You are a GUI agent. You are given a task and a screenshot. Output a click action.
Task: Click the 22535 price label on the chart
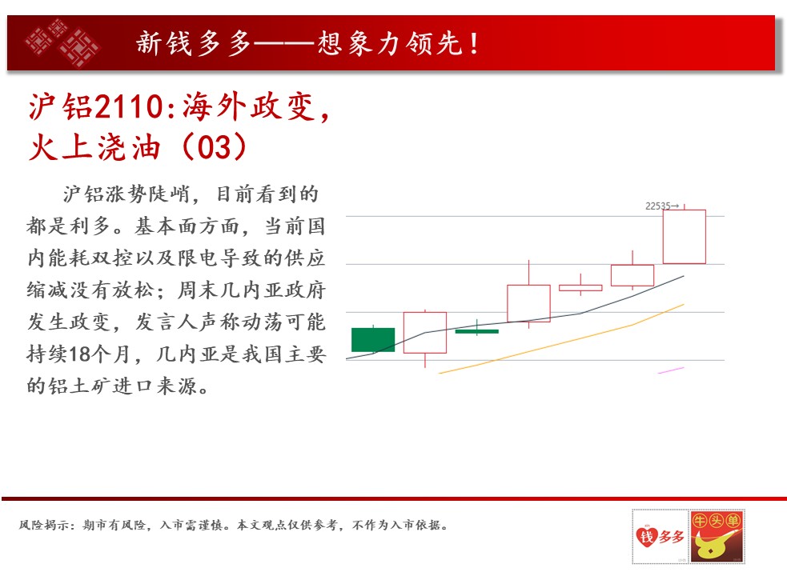click(x=658, y=206)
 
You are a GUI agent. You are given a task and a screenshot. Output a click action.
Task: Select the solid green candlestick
click(x=373, y=340)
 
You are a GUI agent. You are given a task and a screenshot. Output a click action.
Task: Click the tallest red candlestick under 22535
click(x=684, y=236)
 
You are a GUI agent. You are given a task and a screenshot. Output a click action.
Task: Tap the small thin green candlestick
click(x=477, y=331)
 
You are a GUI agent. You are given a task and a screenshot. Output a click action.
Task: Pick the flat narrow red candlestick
click(x=580, y=287)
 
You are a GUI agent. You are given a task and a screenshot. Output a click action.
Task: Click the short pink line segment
click(x=671, y=370)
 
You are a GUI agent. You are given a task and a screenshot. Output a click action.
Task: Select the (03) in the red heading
click(x=214, y=147)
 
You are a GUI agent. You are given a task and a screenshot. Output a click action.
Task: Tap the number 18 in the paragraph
click(x=78, y=354)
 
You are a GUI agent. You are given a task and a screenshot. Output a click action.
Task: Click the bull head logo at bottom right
click(x=717, y=536)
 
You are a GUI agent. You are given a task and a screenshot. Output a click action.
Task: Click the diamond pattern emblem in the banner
click(x=63, y=42)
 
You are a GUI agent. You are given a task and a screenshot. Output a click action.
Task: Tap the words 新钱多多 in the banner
click(x=193, y=43)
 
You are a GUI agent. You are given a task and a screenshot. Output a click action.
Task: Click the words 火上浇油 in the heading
click(x=94, y=147)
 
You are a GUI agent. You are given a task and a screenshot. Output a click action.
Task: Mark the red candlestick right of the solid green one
click(x=425, y=333)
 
